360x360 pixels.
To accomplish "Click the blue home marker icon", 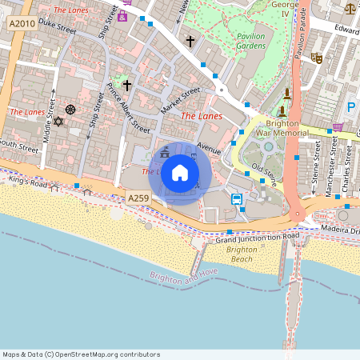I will (180, 173).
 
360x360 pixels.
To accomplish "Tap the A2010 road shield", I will (23, 25).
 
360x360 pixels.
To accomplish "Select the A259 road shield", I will (138, 197).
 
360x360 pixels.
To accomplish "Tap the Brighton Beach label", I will (241, 254).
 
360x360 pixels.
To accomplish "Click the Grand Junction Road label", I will (257, 238).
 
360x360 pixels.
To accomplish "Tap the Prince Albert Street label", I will (128, 113).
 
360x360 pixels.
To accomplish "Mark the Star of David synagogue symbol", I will (58, 122).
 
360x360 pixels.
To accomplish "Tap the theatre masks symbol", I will (317, 58).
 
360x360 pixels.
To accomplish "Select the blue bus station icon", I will (237, 198).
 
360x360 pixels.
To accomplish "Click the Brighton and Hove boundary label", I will (185, 277).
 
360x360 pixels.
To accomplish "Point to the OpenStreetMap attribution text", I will (81, 354).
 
